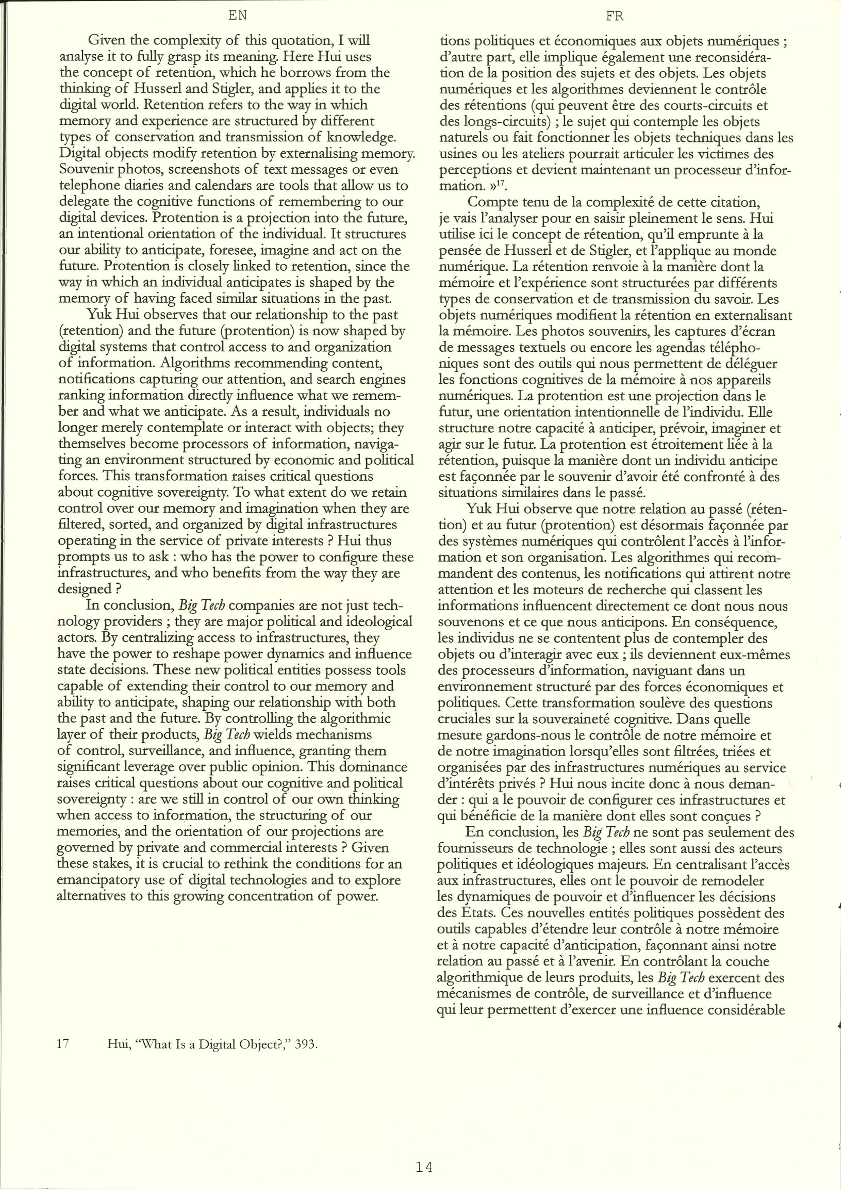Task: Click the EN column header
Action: (x=237, y=16)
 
